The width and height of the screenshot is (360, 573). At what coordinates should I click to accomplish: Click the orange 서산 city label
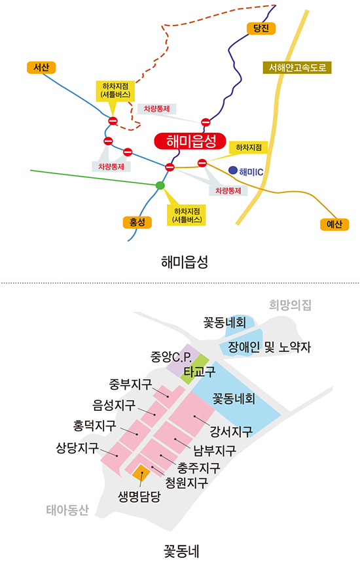[41, 67]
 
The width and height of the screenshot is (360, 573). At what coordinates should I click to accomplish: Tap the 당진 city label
[261, 28]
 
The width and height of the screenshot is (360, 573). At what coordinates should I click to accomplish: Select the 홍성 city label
[137, 222]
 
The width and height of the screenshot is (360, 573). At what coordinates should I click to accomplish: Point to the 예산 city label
[334, 224]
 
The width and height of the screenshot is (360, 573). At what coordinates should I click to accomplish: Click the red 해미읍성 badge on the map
[190, 141]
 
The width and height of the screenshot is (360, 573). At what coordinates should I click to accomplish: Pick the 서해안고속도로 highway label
[297, 67]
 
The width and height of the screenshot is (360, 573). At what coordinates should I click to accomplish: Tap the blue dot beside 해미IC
[232, 170]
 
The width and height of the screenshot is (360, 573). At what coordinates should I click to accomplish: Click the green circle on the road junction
[160, 185]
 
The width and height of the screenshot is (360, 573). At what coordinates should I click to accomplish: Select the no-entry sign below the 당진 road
[206, 122]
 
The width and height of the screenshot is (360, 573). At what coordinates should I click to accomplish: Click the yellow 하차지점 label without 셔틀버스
[249, 148]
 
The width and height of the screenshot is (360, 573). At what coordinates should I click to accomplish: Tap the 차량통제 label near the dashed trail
[156, 109]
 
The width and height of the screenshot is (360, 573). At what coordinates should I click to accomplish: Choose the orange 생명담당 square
[141, 473]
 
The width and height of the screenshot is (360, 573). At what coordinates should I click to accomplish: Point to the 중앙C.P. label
[171, 356]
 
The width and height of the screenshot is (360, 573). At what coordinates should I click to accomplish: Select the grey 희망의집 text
[290, 305]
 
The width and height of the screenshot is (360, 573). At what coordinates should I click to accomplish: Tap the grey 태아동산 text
[67, 510]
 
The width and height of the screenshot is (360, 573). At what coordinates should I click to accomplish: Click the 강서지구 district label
[231, 432]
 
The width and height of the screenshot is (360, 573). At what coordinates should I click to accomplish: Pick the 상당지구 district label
[77, 447]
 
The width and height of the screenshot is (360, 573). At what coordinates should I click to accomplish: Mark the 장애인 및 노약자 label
[269, 347]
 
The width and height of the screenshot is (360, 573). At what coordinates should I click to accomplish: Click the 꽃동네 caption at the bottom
[181, 551]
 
